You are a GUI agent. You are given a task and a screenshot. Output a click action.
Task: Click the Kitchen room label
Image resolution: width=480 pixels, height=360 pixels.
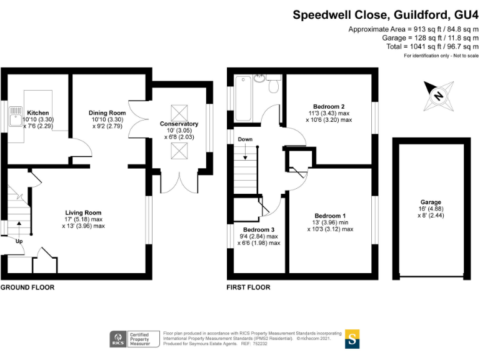coord(34,112)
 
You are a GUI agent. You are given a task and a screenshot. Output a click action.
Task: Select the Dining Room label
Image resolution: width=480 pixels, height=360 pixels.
coord(107,113)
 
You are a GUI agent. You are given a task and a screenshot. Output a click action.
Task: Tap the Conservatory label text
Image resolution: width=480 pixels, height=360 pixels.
coord(179,124)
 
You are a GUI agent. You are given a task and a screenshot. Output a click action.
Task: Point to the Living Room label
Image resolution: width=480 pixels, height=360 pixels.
coord(84,212)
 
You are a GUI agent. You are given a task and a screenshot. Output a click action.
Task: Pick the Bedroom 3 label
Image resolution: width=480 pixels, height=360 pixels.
coord(259,229)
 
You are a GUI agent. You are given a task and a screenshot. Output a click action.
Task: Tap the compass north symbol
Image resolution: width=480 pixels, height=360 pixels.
coord(438,96)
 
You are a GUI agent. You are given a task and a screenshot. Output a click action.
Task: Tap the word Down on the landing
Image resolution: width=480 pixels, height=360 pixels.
coord(245,139)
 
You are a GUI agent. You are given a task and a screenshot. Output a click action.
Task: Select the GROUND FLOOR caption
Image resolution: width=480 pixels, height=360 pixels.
coord(27,287)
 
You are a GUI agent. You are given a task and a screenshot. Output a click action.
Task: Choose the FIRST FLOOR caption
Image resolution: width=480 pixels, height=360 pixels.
coord(249,287)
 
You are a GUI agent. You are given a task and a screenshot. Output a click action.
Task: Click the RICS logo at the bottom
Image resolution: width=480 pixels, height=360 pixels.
coord(117,339)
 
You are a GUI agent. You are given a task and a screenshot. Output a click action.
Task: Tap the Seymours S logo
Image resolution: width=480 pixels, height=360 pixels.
coord(352,339)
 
